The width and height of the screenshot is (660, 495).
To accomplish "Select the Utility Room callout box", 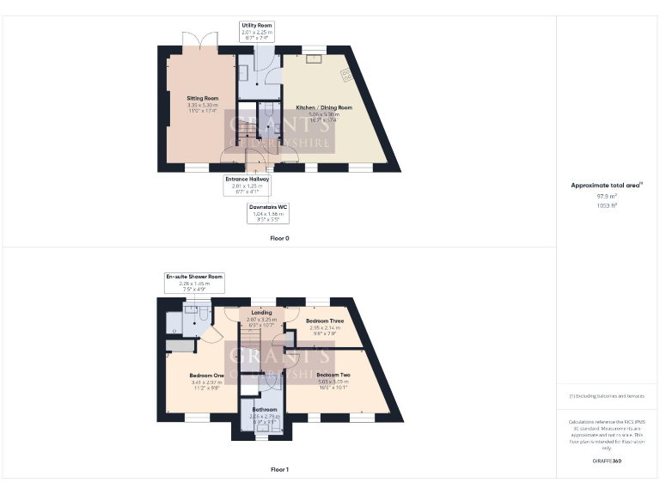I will click(x=256, y=32).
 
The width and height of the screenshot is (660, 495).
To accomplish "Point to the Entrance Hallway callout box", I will click(x=247, y=184).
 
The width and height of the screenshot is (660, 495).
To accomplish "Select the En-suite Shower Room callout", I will click(x=194, y=282).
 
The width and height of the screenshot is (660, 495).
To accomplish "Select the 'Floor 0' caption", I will click(x=279, y=237).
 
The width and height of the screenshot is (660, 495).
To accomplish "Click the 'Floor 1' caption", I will click(x=279, y=469).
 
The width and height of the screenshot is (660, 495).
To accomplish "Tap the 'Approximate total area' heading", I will click(x=607, y=185).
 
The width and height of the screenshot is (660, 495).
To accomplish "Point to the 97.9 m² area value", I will click(x=607, y=197).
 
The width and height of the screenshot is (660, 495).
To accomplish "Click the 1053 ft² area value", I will click(x=607, y=205).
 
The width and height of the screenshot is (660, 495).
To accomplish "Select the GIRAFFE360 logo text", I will click(x=607, y=461).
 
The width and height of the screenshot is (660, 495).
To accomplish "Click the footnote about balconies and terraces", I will click(x=607, y=396).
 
